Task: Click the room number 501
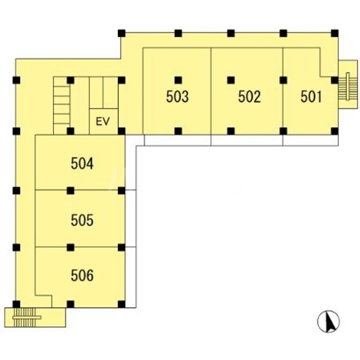pos(311,96)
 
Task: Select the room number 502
pos(249,96)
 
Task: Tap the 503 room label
pos(177,96)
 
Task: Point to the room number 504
pos(82,163)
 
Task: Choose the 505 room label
pos(82,220)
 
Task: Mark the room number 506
pos(82,275)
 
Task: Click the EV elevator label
pos(103,121)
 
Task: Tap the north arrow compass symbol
pos(328,321)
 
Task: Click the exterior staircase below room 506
pos(25,317)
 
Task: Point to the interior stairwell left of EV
pos(61,105)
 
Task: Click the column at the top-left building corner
pos(121,33)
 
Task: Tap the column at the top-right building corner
pos(334,33)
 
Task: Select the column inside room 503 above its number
pos(178,80)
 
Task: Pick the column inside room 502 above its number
pos(231,80)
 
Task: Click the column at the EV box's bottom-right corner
pos(121,131)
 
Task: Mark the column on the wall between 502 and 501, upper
pos(283,80)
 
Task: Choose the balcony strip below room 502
pos(247,140)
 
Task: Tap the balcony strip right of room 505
pos(130,218)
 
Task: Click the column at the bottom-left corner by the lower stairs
pos(16,304)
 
